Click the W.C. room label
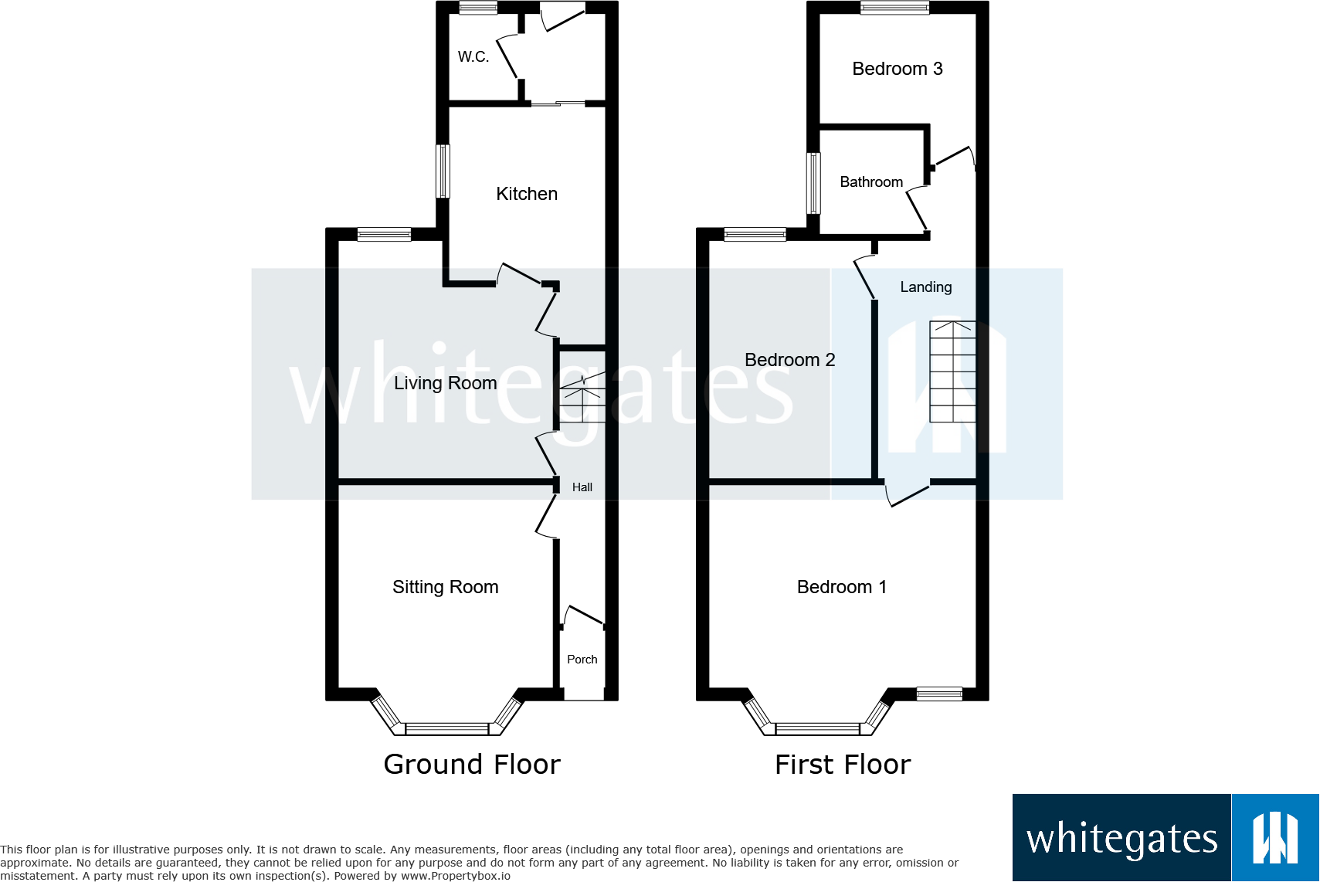coord(473,56)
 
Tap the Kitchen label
coord(527,194)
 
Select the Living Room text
coord(446,383)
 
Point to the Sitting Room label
coord(446,587)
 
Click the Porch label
coord(582,660)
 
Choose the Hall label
coord(582,487)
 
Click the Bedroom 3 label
coord(898,69)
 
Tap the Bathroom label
coord(871,182)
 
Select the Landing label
coord(926,287)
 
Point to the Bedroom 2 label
coord(790,360)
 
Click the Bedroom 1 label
coord(842,587)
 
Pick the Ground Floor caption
coord(472,764)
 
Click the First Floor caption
coord(843,764)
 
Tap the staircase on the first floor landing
coord(952,371)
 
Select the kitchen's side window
coord(443,171)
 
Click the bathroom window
coord(813,182)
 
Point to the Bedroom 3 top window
coord(894,7)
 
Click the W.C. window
coord(479,7)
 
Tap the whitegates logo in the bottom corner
coord(1166,837)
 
